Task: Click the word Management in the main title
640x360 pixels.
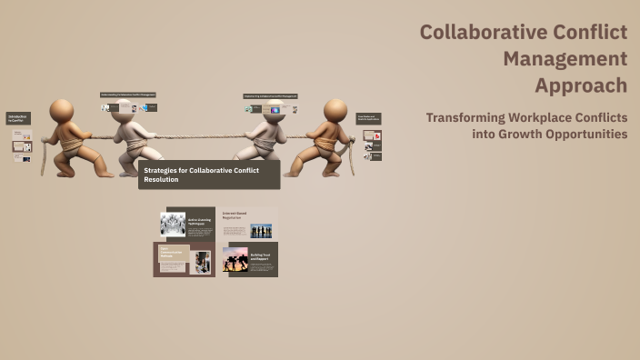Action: point(565,59)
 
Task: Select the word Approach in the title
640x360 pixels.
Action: point(580,85)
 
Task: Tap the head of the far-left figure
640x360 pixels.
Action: point(63,111)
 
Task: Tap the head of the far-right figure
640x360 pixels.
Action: point(335,110)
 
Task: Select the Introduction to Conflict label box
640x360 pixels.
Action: point(18,118)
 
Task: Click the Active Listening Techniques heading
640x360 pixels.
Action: point(200,222)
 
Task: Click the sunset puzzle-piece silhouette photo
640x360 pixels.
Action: point(235,259)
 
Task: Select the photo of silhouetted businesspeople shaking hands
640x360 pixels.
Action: point(262,230)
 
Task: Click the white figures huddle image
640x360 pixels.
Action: point(173,224)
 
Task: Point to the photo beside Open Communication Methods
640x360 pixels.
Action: point(202,263)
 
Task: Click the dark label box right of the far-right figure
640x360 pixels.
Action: point(368,118)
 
